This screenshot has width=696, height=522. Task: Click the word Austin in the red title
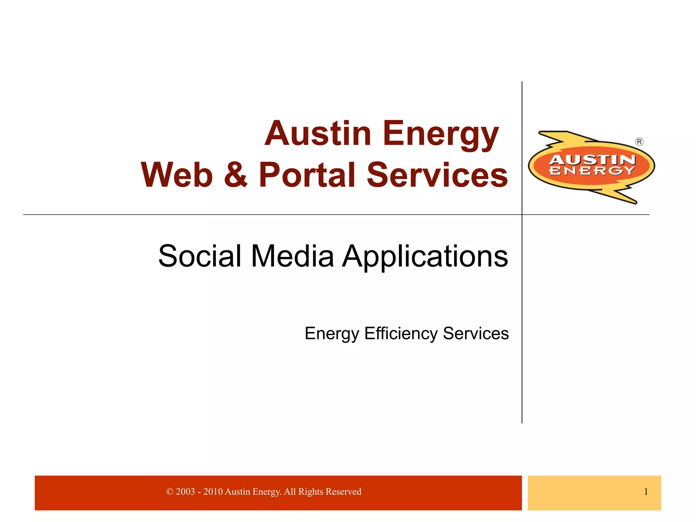[318, 134]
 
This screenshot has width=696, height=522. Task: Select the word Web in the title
[177, 175]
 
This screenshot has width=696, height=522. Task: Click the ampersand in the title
[236, 175]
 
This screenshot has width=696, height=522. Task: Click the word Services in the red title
[437, 175]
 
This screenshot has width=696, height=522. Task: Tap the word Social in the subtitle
[200, 256]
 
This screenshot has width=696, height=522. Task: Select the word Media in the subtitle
[292, 256]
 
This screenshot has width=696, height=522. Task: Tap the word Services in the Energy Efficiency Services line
[476, 333]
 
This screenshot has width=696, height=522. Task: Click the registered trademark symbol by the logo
[639, 142]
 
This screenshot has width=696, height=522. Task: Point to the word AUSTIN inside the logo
[592, 160]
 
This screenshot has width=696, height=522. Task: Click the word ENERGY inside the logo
[592, 171]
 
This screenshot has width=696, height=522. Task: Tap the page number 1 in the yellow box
[646, 492]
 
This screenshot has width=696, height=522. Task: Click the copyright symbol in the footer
[170, 492]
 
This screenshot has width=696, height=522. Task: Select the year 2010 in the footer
[213, 492]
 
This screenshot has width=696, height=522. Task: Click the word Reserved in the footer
[343, 492]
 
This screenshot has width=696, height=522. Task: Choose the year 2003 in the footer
[185, 492]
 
